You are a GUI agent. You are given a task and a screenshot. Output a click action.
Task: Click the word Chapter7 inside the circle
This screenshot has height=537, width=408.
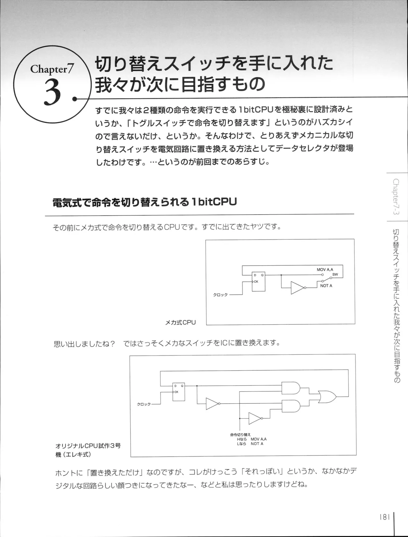(x=52, y=69)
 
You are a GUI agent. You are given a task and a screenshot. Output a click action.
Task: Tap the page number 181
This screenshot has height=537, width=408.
(x=385, y=517)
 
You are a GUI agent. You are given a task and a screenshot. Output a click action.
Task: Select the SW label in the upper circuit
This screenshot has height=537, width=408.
(x=335, y=274)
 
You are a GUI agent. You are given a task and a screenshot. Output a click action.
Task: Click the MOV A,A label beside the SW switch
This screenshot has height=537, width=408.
(x=325, y=270)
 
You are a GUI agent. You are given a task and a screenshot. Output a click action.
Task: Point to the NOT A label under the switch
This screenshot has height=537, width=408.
(x=326, y=286)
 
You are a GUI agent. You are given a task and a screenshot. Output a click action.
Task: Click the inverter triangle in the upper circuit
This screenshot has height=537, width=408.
(x=297, y=288)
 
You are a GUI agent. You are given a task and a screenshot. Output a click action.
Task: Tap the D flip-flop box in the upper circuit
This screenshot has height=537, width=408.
(x=258, y=281)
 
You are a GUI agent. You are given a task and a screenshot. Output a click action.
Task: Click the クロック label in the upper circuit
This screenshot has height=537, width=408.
(x=220, y=295)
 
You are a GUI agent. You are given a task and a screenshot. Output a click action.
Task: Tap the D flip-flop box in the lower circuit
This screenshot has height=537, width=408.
(x=178, y=392)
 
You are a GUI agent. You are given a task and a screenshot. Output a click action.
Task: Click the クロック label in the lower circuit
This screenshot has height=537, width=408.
(x=144, y=404)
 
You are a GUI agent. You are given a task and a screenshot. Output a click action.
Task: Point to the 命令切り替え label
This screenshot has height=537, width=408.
(x=240, y=434)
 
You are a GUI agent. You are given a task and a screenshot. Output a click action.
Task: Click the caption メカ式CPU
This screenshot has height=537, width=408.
(x=180, y=323)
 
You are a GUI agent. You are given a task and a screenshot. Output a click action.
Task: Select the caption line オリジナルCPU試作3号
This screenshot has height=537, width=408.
(x=88, y=446)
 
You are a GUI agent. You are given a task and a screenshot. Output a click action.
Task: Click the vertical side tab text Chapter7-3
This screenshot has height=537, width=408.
(x=396, y=196)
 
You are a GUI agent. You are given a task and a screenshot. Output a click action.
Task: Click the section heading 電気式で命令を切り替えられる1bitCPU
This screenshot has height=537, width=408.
(x=144, y=202)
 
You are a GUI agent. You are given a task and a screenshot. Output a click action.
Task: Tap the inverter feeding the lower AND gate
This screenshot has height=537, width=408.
(x=255, y=418)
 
